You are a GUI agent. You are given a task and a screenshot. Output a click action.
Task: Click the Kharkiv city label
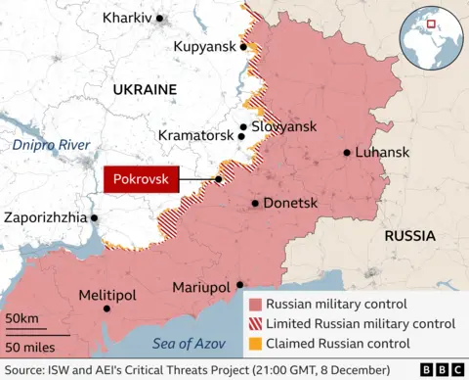pyautogui.click(x=127, y=19)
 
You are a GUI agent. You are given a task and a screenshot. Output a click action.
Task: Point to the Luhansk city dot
pyautogui.click(x=347, y=153)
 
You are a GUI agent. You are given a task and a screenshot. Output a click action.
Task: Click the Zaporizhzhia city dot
pyautogui.click(x=95, y=217)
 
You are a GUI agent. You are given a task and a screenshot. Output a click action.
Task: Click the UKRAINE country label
pyautogui.click(x=145, y=89)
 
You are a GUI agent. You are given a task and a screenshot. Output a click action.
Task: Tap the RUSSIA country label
pyautogui.click(x=410, y=236)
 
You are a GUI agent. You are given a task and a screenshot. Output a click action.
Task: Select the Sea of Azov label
pyautogui.click(x=190, y=344)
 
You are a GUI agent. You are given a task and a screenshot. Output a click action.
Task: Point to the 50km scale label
pyautogui.click(x=21, y=319)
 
